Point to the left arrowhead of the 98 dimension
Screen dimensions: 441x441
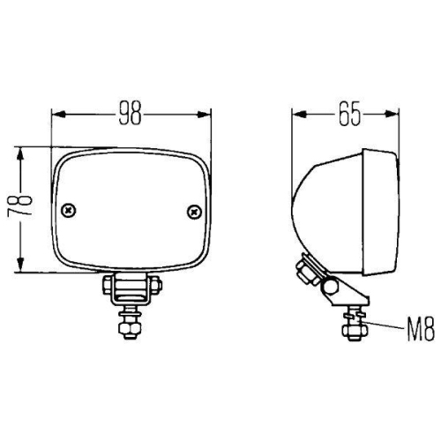57,114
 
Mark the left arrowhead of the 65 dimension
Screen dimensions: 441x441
298,114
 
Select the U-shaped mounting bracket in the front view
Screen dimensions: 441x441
131,287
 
